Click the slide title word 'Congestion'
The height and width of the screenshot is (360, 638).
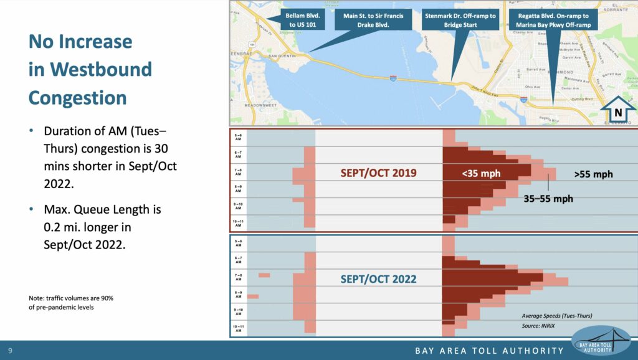[78, 97]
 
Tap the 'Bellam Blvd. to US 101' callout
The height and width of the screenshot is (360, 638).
[302, 21]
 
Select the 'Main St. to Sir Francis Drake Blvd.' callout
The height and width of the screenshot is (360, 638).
[373, 21]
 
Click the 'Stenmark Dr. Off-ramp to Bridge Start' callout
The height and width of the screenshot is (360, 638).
[460, 21]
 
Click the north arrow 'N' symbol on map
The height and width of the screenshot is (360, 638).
[618, 112]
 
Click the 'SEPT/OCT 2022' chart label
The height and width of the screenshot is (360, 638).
[378, 279]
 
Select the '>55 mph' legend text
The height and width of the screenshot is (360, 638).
[593, 174]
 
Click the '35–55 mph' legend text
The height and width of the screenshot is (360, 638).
[548, 199]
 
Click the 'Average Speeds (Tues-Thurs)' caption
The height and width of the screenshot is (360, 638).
[557, 316]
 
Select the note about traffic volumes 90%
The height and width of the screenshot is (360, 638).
[71, 303]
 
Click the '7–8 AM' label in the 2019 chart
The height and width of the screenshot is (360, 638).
[239, 170]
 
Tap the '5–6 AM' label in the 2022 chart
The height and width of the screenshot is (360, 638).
[239, 242]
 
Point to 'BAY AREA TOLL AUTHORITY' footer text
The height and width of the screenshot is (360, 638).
[490, 351]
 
